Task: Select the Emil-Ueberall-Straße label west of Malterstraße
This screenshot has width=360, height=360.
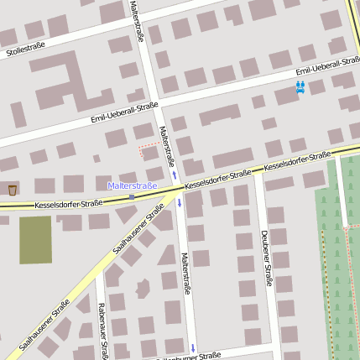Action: tap(124, 112)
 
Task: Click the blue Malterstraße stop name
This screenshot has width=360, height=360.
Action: tap(133, 185)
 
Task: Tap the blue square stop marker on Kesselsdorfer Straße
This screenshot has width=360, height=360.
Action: tap(132, 196)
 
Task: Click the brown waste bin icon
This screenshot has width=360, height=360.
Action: tap(12, 190)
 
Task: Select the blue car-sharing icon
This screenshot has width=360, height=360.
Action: tap(300, 86)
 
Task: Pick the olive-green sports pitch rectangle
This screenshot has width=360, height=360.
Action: tap(35, 240)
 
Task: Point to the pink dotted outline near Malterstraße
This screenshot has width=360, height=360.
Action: tap(149, 148)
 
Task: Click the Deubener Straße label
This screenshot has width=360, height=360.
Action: tap(265, 258)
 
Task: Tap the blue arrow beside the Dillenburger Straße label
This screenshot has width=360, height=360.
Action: tap(193, 347)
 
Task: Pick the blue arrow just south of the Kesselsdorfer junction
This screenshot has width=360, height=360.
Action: tap(179, 203)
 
